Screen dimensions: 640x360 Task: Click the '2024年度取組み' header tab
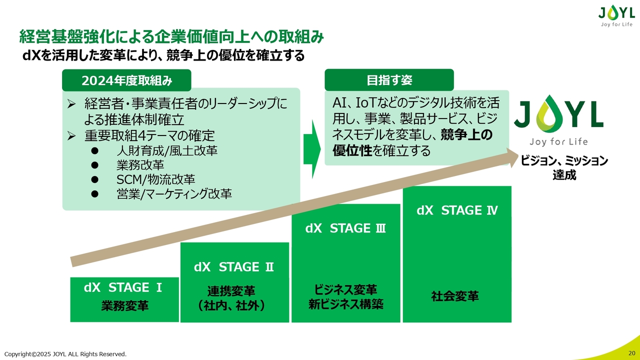[x=126, y=80]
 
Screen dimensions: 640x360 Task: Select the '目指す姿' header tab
[x=389, y=80]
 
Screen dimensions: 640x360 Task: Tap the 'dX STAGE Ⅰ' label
[x=123, y=287]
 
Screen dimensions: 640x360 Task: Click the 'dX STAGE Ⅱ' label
[x=233, y=267]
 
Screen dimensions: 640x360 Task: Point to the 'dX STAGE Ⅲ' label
[x=345, y=228]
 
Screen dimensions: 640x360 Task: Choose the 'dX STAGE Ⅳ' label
[x=457, y=210]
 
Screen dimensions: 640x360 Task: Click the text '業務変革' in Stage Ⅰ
[x=124, y=305]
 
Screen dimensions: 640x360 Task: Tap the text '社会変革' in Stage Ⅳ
[x=455, y=296]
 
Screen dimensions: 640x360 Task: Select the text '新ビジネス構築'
[x=345, y=304]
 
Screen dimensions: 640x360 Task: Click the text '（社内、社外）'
[x=231, y=305]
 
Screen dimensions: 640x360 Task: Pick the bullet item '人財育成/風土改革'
[x=167, y=150]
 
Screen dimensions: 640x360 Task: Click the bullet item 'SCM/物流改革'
[x=155, y=179]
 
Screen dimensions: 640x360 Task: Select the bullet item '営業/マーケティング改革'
[x=174, y=193]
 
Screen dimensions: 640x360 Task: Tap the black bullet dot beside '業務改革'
[x=95, y=165]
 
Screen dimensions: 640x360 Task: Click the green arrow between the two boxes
[x=312, y=149]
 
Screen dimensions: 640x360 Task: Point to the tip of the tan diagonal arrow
[x=518, y=156]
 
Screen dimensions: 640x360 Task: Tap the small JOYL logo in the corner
[x=616, y=16]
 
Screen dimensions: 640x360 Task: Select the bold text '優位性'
[x=352, y=150]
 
